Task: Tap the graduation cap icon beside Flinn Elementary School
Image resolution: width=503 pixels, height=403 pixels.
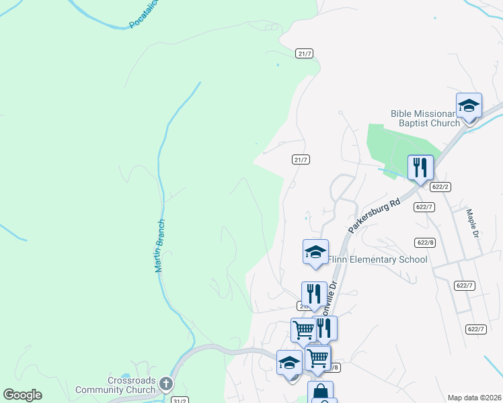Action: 315,252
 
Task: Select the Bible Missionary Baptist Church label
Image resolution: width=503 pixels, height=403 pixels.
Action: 426,118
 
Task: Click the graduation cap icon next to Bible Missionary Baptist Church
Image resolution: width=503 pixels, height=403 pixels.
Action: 469,105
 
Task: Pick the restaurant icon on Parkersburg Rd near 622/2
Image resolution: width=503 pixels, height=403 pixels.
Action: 420,168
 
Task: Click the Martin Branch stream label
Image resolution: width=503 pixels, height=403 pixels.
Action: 159,246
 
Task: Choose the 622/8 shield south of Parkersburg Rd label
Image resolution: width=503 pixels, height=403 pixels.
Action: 425,242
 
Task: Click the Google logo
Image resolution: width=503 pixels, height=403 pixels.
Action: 22,395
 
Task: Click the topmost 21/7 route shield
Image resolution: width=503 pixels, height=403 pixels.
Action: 304,53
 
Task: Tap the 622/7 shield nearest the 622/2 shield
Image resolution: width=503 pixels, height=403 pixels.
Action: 424,207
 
